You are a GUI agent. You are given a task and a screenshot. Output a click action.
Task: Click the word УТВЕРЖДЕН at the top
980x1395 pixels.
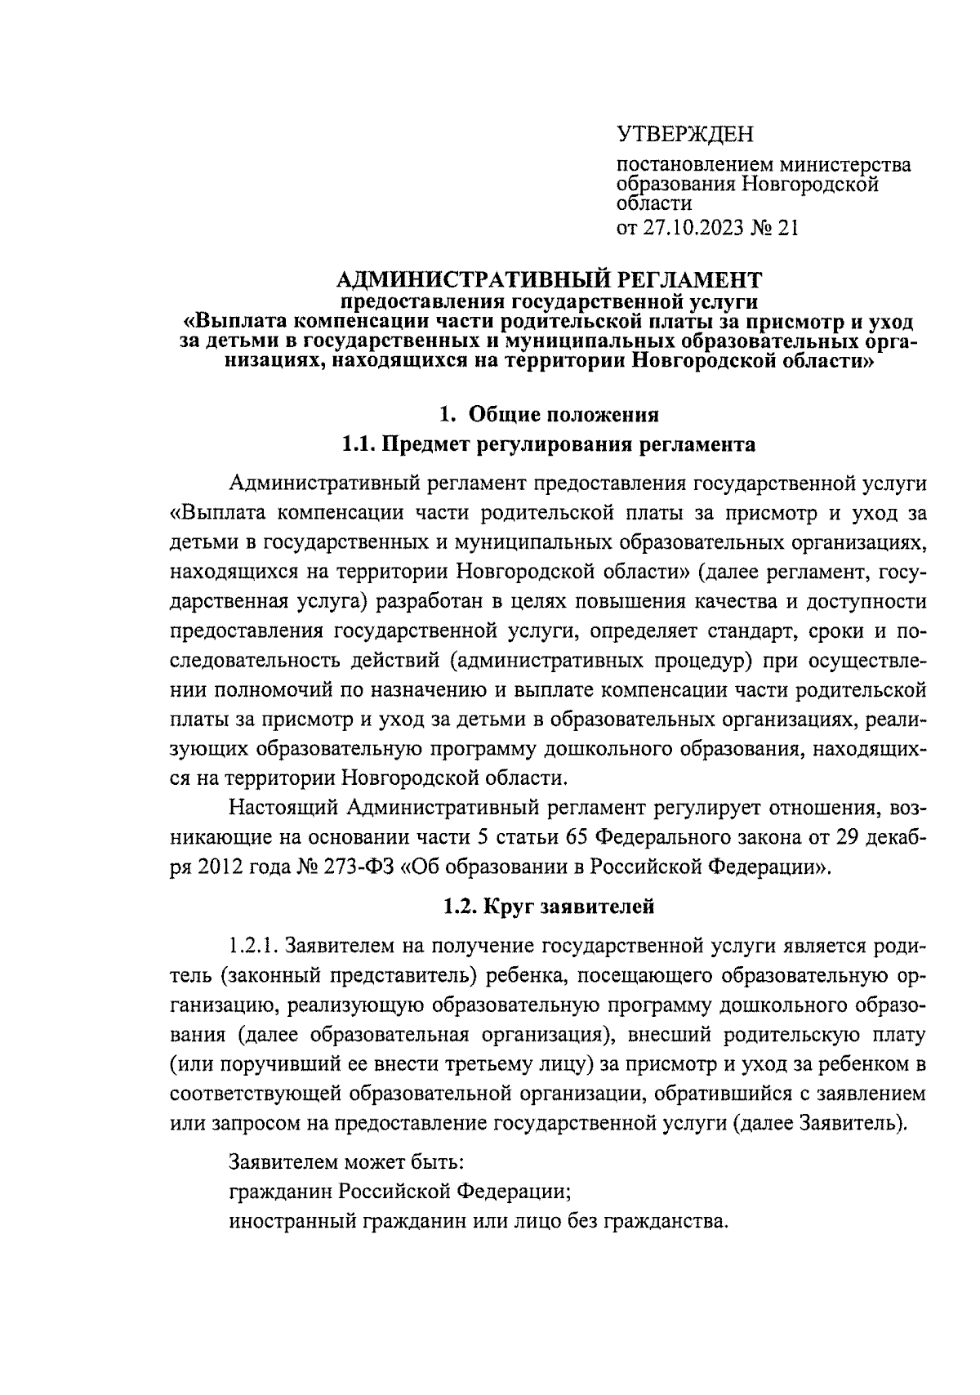[x=684, y=133]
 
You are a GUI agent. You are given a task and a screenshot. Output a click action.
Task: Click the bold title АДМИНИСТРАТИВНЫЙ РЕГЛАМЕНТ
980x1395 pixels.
[x=549, y=280]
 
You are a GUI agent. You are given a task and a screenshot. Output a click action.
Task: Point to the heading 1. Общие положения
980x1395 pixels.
[x=549, y=415]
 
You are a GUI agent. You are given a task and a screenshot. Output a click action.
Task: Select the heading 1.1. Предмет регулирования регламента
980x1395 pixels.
[x=548, y=445]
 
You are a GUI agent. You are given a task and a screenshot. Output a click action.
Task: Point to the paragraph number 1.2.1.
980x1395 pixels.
[x=256, y=946]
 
